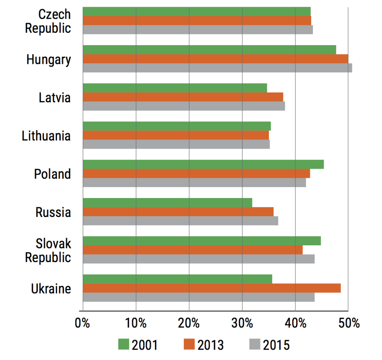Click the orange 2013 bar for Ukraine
pos(212,288)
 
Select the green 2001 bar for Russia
pos(167,202)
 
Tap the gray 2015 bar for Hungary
pos(217,68)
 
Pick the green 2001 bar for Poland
pos(203,164)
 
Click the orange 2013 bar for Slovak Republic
pos(192,250)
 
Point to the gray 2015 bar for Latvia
pos(184,106)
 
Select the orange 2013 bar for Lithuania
pos(176,135)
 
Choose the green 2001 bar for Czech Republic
pos(197,11)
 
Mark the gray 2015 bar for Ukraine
pos(198,297)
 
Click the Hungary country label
pos(48,59)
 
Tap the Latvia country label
pos(55,98)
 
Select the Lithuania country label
pos(46,136)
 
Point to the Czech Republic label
pos(48,21)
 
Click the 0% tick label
pos(82,323)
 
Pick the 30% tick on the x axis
pos(242,323)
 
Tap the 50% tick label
pos(348,323)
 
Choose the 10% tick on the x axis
pos(136,323)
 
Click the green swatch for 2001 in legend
pos(123,344)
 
